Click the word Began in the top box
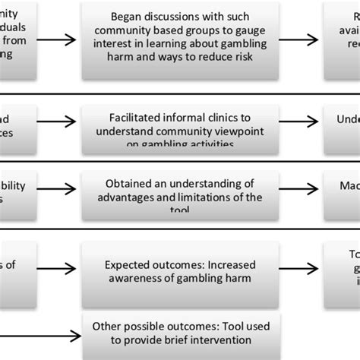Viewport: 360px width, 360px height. pos(126,14)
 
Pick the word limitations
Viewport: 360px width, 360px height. pos(200,197)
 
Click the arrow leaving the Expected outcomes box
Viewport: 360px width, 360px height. pos(298,273)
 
